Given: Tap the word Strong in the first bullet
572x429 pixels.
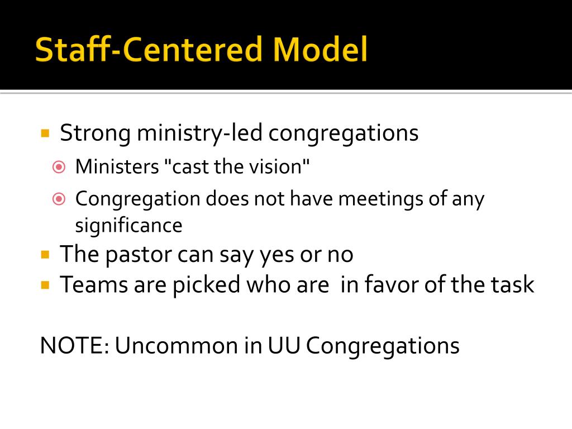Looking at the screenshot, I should coord(96,134).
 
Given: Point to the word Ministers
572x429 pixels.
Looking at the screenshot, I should coord(117,166).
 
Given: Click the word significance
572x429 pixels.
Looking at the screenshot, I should coord(128,225).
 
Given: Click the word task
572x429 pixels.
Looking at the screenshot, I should coord(512,285).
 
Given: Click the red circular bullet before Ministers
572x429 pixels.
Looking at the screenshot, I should coord(59,166).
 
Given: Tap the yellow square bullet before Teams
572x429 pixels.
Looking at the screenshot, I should coord(46,285).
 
